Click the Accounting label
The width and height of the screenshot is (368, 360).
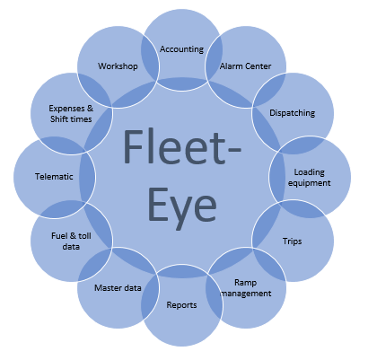(x=181, y=49)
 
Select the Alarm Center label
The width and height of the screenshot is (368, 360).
(x=246, y=66)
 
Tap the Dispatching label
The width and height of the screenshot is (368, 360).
(x=293, y=113)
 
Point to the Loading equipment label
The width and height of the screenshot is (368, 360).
(x=310, y=178)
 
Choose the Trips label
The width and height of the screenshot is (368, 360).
(x=293, y=241)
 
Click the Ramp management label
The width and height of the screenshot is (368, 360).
(x=246, y=288)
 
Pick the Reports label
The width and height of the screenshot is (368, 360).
(x=181, y=305)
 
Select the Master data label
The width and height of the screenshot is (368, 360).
(x=118, y=288)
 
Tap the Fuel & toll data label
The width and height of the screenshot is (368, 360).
(x=71, y=241)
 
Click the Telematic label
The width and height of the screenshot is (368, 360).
(x=54, y=177)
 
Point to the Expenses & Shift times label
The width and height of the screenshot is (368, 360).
(x=71, y=114)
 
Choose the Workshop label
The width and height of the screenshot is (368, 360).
(x=118, y=66)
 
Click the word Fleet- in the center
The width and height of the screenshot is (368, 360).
(x=182, y=147)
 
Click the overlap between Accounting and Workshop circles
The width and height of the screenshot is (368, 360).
(x=150, y=58)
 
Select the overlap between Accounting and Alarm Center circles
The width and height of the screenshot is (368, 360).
(x=214, y=58)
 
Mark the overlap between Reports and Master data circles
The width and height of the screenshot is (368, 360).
(x=150, y=296)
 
